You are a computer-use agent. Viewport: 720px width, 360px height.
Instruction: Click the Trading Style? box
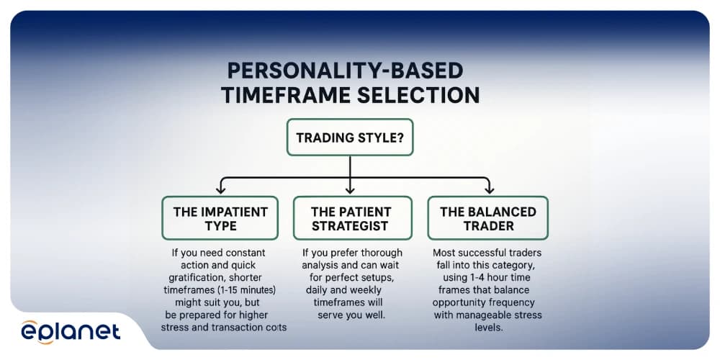[x=350, y=137]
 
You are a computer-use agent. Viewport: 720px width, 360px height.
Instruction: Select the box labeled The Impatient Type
[x=220, y=219]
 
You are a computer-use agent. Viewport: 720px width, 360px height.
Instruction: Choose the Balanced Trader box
[x=487, y=219]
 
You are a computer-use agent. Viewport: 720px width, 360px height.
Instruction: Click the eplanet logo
[x=71, y=331]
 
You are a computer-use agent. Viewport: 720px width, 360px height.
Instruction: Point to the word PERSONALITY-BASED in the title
[x=345, y=71]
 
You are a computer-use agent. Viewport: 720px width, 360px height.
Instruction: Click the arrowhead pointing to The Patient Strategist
[x=350, y=190]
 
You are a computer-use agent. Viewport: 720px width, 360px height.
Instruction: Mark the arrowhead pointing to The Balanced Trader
[x=489, y=190]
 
